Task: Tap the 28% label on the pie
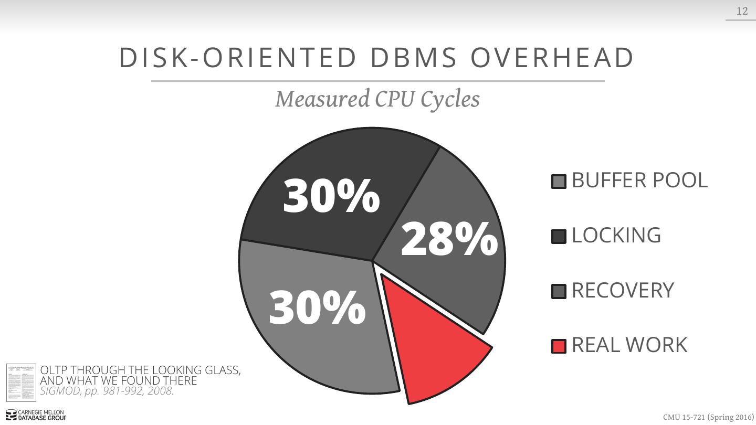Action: (x=449, y=239)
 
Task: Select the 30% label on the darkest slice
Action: (x=331, y=196)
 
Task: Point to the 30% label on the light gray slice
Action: (x=317, y=307)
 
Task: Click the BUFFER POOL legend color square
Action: (x=559, y=182)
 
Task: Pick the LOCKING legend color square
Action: (x=559, y=237)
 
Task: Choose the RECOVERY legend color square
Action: (x=559, y=292)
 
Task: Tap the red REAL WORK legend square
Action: (x=559, y=346)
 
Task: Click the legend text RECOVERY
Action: (x=623, y=290)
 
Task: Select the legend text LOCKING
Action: (x=616, y=235)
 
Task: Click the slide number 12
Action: (x=742, y=11)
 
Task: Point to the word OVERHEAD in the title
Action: (x=552, y=58)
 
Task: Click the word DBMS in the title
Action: (x=414, y=58)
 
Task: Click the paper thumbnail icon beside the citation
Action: (x=21, y=382)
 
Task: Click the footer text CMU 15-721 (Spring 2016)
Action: (x=708, y=417)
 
